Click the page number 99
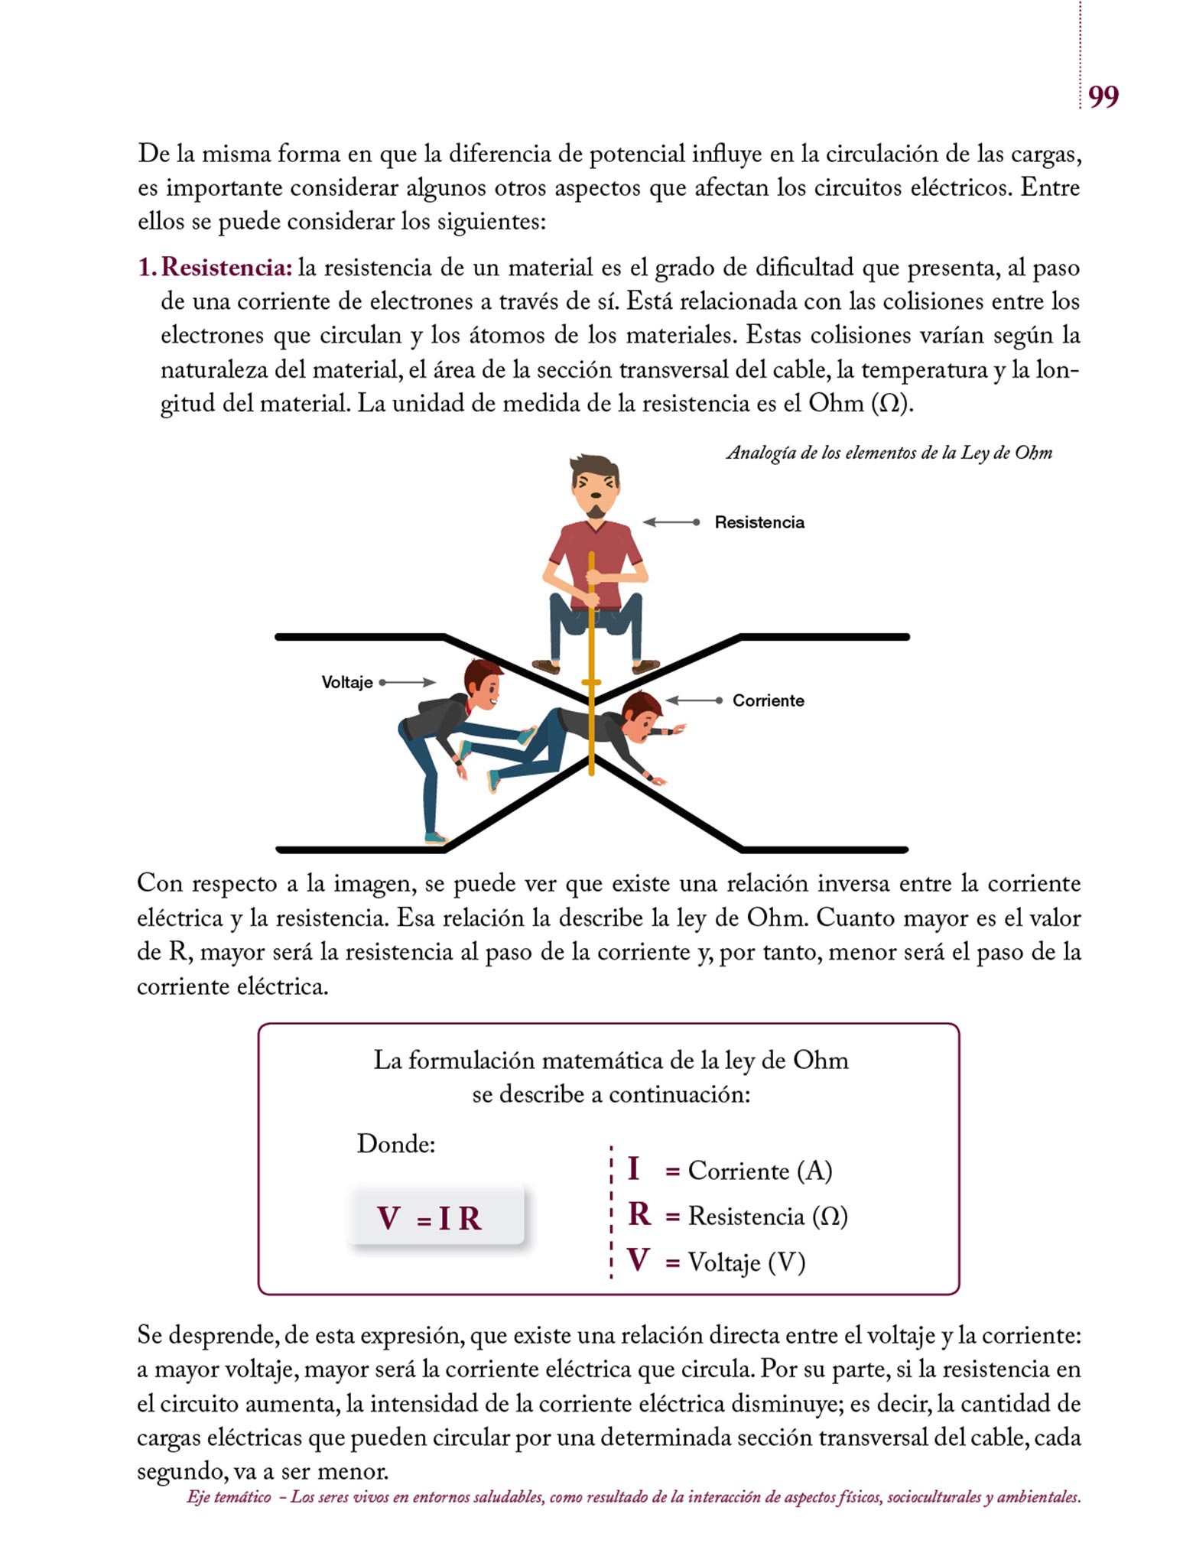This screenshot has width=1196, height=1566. [x=1103, y=97]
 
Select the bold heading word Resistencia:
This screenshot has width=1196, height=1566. [x=226, y=268]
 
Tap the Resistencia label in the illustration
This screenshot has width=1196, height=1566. [x=759, y=522]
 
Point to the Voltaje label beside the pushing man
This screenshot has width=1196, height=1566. [x=346, y=682]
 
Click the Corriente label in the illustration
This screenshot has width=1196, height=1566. [x=768, y=700]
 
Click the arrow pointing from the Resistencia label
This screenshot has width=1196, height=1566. [x=671, y=522]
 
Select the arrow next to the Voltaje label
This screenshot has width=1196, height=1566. [x=408, y=682]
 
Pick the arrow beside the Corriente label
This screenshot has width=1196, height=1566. [x=694, y=700]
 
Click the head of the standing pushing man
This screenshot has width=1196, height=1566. [x=483, y=683]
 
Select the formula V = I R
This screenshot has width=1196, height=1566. [x=430, y=1219]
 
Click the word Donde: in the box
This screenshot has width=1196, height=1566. [x=396, y=1144]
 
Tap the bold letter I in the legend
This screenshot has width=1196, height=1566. [x=633, y=1169]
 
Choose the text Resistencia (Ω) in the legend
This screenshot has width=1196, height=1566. [x=767, y=1216]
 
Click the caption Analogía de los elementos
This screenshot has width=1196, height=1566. [x=889, y=453]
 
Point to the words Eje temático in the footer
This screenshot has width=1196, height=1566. [x=229, y=1497]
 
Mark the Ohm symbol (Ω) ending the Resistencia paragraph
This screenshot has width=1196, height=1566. [x=890, y=404]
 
